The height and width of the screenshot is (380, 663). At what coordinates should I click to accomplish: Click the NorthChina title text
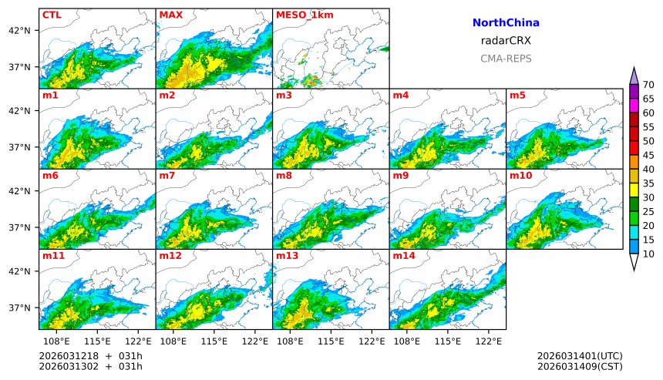tap(506, 23)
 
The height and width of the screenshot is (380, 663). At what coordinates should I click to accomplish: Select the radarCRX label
tap(506, 41)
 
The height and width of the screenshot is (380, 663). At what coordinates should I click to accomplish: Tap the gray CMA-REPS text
tap(506, 59)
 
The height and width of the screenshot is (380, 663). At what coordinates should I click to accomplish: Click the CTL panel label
tap(52, 15)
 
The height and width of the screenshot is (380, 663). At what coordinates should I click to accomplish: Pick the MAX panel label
tap(170, 15)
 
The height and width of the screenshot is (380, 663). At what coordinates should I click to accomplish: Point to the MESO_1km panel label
tap(302, 15)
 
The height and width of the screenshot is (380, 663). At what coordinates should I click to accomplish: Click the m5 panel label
tap(517, 96)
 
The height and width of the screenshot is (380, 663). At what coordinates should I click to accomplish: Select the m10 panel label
tap(520, 176)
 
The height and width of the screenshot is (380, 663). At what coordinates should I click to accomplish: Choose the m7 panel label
tap(168, 176)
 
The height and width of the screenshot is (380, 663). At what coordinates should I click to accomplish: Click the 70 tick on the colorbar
tap(648, 85)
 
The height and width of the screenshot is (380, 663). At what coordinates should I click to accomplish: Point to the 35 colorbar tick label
tap(648, 183)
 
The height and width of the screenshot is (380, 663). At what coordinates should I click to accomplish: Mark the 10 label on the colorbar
tap(648, 254)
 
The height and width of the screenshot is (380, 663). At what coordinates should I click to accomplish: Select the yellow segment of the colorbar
tap(634, 190)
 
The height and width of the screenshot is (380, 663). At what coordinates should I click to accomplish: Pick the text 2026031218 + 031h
tap(91, 355)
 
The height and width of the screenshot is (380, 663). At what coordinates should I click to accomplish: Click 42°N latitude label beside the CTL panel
tap(19, 31)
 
